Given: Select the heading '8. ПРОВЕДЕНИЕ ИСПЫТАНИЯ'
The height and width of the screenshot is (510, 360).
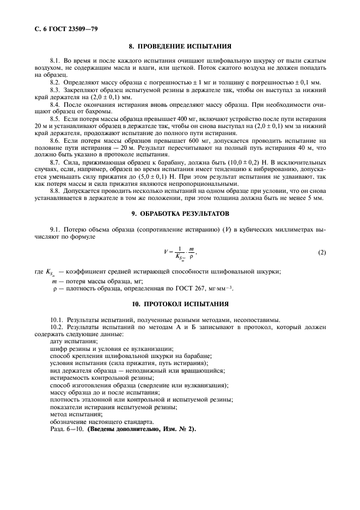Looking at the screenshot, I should click(x=180, y=47).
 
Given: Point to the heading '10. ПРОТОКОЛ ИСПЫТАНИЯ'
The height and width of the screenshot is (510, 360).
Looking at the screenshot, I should click(x=180, y=303).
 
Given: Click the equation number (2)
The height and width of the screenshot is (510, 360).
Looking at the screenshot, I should click(x=321, y=252).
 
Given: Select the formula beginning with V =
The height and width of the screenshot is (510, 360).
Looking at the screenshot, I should click(x=179, y=252).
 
